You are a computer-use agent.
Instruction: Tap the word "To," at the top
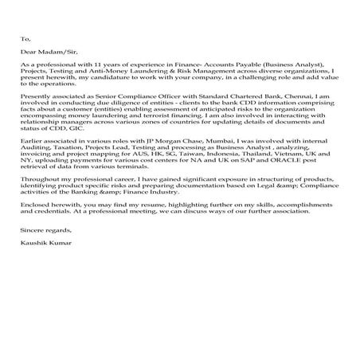click(x=25, y=37)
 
